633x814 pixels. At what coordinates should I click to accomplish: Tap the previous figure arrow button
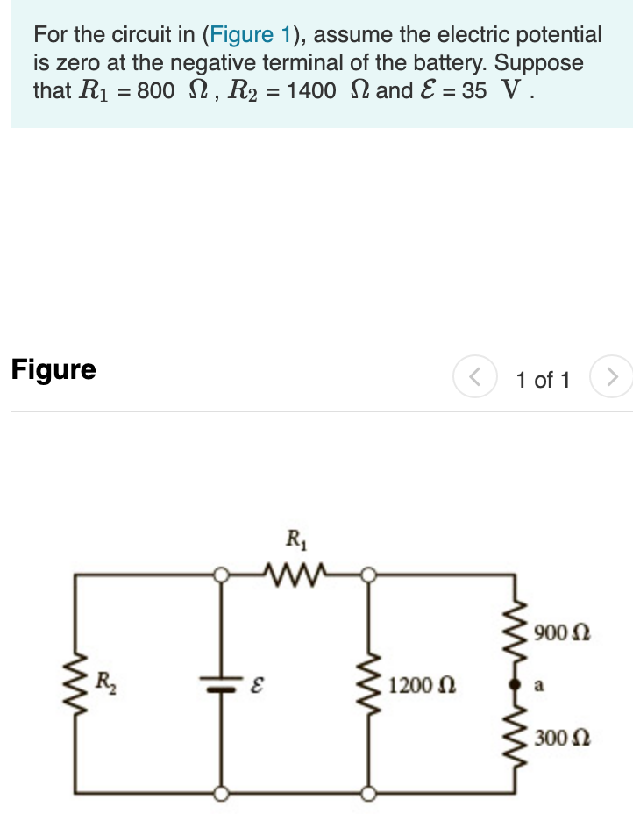[474, 378]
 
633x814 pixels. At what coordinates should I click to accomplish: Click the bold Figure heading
[53, 369]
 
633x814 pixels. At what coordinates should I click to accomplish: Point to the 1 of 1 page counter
[543, 380]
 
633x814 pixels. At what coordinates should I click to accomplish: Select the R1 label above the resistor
[295, 538]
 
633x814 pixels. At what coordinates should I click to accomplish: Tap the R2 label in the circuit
[104, 678]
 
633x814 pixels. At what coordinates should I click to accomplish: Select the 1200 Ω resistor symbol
[367, 683]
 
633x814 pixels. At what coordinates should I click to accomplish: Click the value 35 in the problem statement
[474, 91]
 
